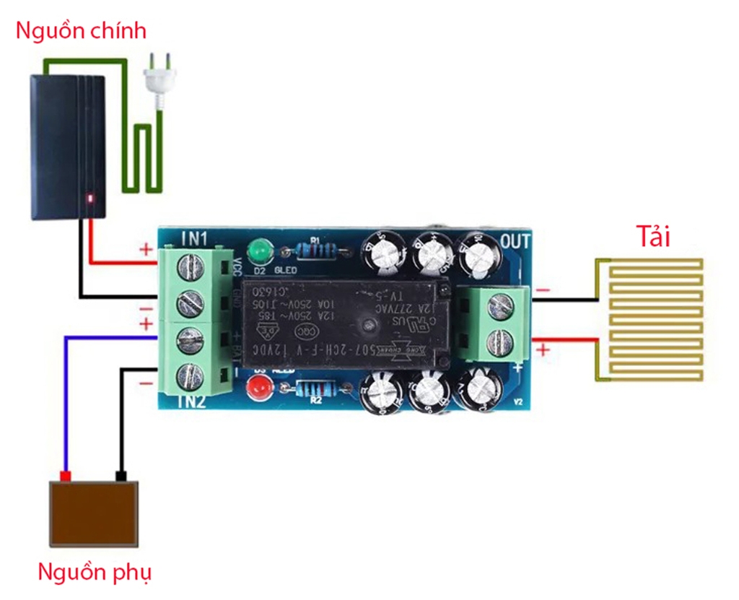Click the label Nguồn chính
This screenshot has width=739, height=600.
(x=81, y=31)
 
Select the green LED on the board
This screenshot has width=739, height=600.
(x=258, y=253)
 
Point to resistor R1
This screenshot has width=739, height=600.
(x=315, y=251)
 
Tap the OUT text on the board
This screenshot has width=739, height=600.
(x=515, y=241)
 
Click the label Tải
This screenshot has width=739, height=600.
(x=653, y=237)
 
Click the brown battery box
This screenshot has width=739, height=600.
(x=93, y=514)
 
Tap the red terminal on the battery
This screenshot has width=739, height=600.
(x=66, y=476)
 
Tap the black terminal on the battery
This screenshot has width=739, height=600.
(x=121, y=476)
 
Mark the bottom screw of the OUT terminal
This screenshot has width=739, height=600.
(x=500, y=340)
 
